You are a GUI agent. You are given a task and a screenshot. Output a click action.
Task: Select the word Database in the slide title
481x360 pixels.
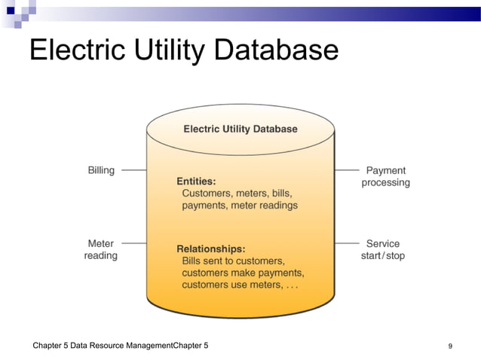click(277, 50)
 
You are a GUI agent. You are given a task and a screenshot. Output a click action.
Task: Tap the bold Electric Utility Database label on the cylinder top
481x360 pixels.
click(240, 129)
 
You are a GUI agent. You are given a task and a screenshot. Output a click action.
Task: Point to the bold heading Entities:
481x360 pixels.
click(196, 181)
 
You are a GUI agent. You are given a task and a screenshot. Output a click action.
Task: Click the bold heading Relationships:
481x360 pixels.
click(210, 248)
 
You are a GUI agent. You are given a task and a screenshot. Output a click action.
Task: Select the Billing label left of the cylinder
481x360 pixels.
click(101, 170)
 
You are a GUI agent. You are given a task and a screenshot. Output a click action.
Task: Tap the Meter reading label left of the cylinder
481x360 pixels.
click(101, 249)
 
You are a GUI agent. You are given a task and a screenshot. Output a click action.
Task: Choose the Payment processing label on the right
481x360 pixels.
click(385, 176)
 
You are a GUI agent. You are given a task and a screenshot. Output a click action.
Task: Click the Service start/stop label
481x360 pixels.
click(383, 249)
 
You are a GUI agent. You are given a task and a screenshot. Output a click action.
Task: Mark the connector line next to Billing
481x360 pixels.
click(133, 170)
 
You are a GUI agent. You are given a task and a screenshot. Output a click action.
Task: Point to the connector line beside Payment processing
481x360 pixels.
click(346, 170)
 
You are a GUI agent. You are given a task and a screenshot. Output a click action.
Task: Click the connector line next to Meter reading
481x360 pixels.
click(133, 243)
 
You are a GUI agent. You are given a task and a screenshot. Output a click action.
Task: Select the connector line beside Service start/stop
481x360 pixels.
click(346, 243)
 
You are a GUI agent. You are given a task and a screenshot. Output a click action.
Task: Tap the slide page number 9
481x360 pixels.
click(450, 346)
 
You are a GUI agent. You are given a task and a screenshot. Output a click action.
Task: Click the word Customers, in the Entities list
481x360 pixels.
click(207, 193)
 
